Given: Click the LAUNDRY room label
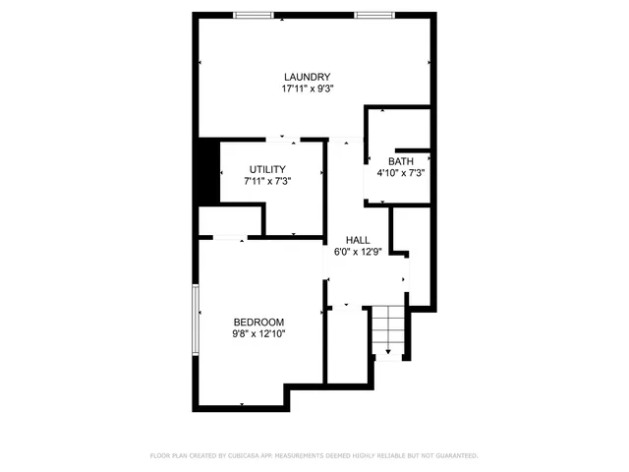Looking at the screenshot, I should tap(307, 78).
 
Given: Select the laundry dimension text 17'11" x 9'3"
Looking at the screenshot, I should tap(307, 88).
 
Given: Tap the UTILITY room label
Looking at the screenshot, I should tap(266, 169).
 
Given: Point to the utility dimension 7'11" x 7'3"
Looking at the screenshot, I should tap(266, 181).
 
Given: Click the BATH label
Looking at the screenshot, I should tap(401, 161).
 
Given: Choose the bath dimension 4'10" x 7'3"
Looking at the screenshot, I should tap(401, 173).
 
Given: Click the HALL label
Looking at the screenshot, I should tap(357, 240).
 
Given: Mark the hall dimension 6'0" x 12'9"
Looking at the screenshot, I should tap(357, 252).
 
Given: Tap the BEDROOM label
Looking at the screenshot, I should tap(258, 322).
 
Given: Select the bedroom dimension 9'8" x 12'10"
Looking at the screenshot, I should tap(258, 333).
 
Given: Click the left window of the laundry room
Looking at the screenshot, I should tap(254, 14).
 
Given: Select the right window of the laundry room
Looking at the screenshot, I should tap(374, 14).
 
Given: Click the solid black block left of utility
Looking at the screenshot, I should tap(206, 172).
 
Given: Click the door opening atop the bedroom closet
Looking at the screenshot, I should tap(230, 237).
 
